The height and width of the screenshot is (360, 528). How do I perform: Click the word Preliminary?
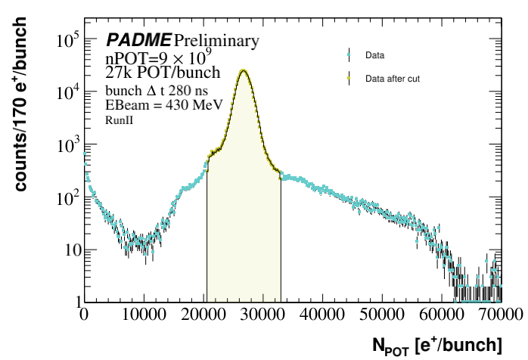coord(216,40)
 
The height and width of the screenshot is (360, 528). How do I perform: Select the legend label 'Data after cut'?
coord(393,78)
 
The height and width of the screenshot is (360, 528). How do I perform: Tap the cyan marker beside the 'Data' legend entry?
coord(349,55)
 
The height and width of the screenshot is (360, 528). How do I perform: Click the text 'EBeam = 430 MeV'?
coord(153,105)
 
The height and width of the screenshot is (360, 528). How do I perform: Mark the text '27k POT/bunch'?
coord(163,73)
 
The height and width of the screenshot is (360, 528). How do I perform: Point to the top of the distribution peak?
coord(243,70)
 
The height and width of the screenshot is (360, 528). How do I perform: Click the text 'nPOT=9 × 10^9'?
coord(153,57)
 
